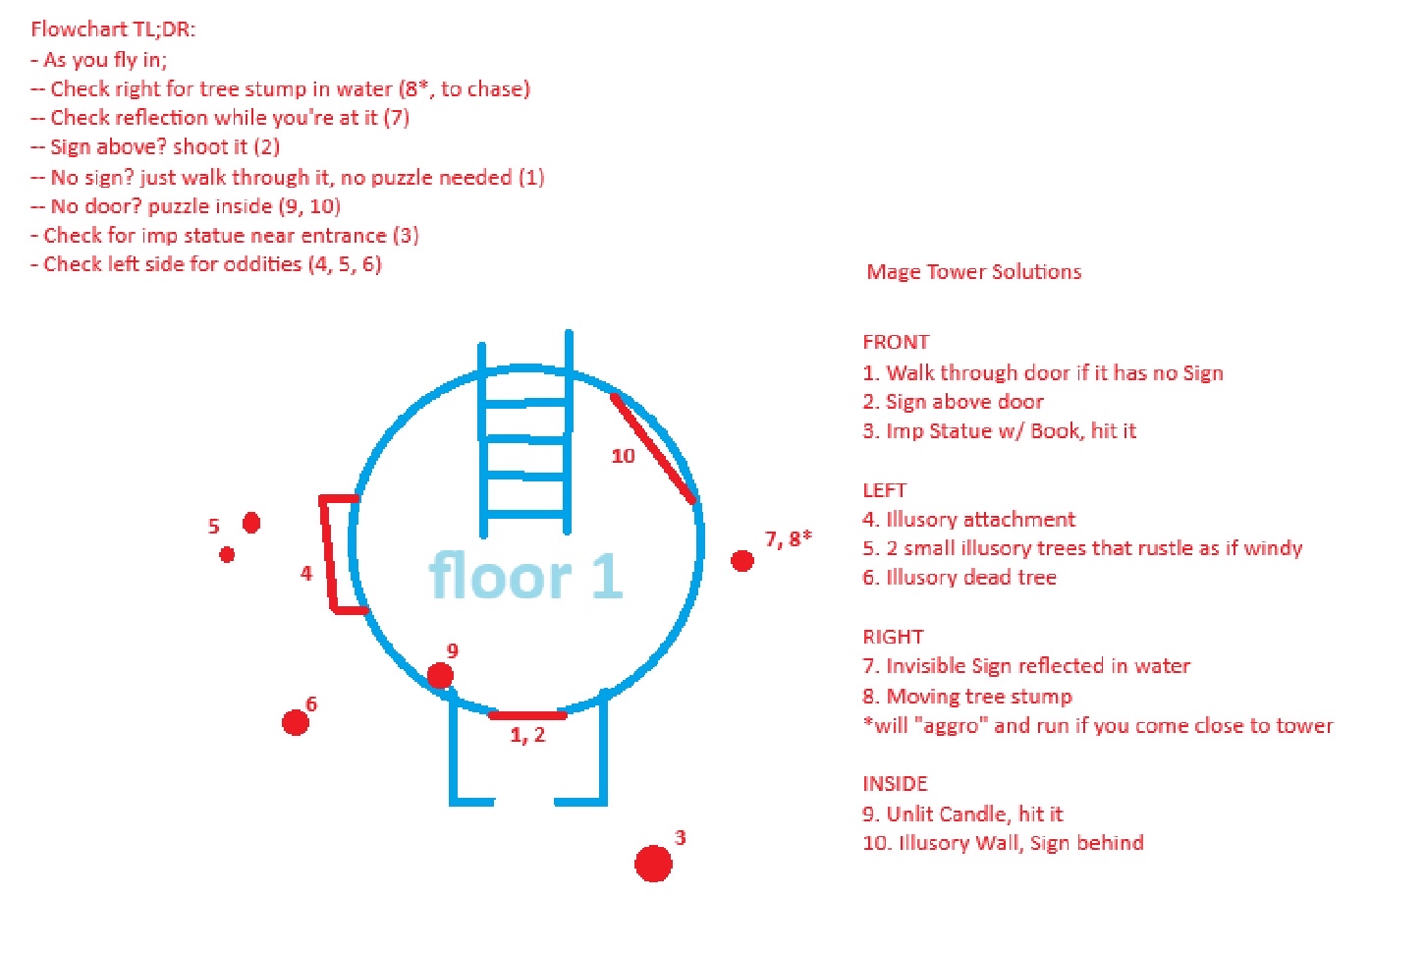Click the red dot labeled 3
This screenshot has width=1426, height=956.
click(653, 864)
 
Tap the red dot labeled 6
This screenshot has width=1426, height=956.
click(296, 722)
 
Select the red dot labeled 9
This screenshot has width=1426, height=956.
click(440, 675)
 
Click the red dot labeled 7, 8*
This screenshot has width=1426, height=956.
click(742, 561)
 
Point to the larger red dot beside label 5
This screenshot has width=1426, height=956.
click(251, 523)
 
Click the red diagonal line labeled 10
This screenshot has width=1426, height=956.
click(653, 448)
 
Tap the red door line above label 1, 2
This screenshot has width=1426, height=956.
click(527, 716)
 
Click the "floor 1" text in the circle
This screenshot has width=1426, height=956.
click(525, 577)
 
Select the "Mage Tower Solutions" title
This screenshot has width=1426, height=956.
click(974, 272)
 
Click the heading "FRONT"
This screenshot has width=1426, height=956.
click(896, 342)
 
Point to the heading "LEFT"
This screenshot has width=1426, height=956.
click(884, 489)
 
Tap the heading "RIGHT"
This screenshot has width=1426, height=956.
click(893, 637)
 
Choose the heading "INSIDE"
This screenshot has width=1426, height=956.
click(895, 783)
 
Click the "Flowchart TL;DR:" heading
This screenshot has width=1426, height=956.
click(113, 29)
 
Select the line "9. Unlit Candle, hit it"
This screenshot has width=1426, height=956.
click(962, 814)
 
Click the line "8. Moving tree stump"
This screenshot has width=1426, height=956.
click(967, 697)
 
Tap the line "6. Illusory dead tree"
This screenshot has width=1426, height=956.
click(960, 578)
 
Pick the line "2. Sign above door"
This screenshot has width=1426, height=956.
click(953, 402)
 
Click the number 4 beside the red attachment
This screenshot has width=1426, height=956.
click(306, 573)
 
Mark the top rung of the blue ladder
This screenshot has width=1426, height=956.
click(525, 403)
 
